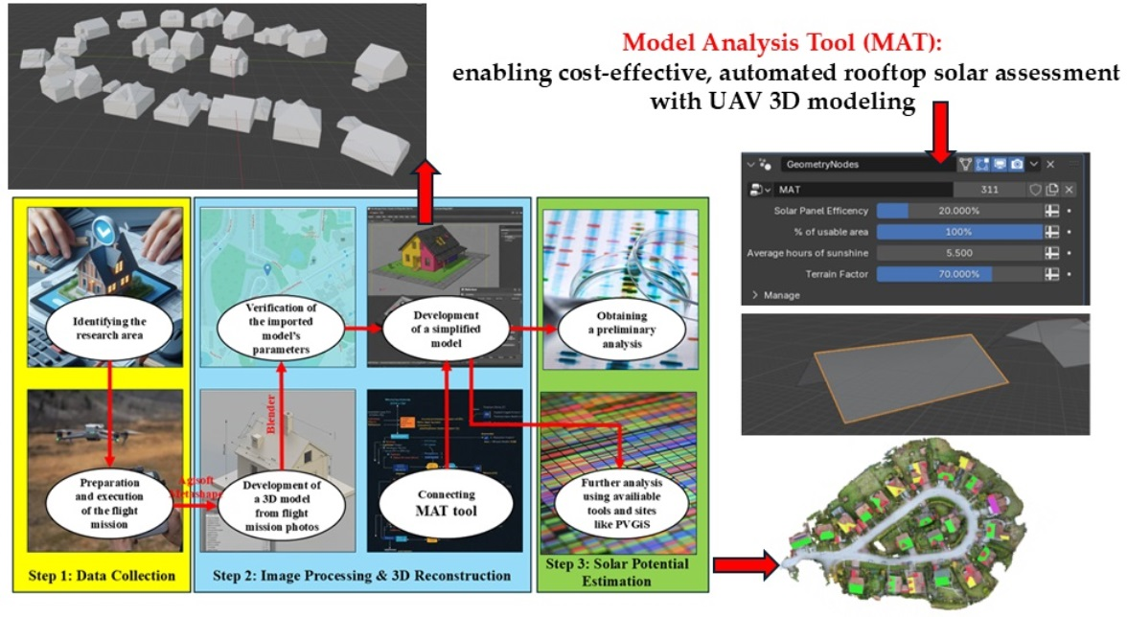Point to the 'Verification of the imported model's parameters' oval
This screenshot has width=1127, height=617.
[278, 326]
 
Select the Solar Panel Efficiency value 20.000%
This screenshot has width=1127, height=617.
[958, 210]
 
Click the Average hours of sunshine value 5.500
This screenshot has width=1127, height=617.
[958, 252]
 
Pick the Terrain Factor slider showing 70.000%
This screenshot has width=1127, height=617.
[958, 273]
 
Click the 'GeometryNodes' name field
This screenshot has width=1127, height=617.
[862, 165]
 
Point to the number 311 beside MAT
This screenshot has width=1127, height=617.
[989, 190]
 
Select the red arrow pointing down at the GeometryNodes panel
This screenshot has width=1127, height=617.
[942, 133]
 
